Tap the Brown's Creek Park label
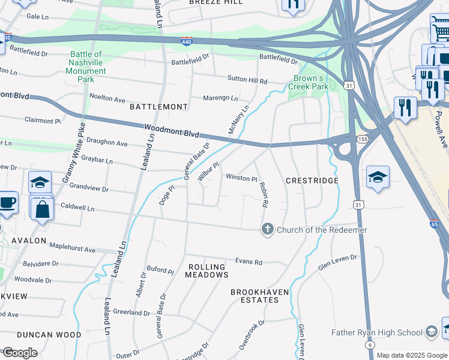[x=311, y=82]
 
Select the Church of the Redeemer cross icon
[x=267, y=229]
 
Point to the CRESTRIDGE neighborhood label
[x=312, y=181]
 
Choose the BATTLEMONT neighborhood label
[x=158, y=107]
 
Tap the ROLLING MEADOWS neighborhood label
[x=206, y=271]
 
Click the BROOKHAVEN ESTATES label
[x=260, y=296]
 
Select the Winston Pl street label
[x=241, y=178]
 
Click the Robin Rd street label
[x=263, y=195]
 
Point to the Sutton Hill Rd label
[x=247, y=79]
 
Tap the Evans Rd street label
[x=249, y=262]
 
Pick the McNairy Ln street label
[x=238, y=121]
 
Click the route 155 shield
[x=363, y=139]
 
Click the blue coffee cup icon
[x=7, y=203]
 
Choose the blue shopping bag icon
[x=42, y=209]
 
